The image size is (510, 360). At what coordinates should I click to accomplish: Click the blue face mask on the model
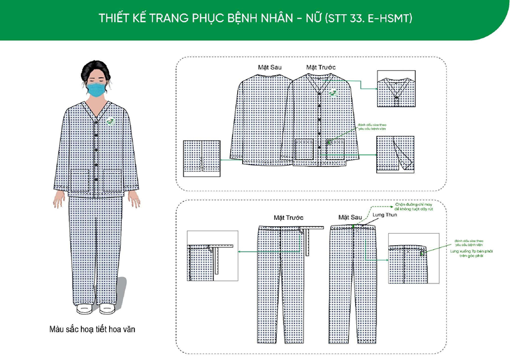point(97,89)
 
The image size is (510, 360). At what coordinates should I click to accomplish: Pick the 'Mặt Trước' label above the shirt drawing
point(321,67)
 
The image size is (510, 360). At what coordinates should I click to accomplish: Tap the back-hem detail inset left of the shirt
point(202,158)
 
